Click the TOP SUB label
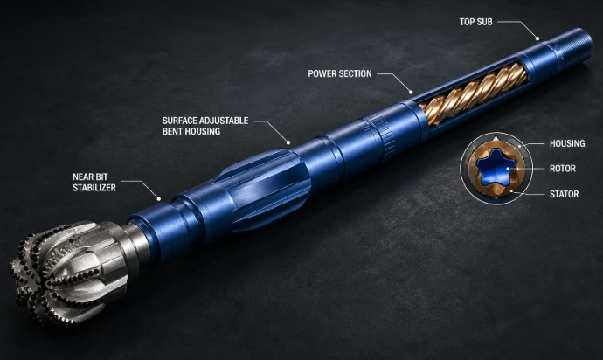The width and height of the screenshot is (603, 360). click(475, 22)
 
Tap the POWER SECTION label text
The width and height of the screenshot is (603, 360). click(340, 73)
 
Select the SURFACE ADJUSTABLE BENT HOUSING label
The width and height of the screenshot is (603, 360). click(205, 126)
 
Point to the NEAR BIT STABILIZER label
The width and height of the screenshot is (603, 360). click(94, 183)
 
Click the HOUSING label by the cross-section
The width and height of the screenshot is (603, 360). click(567, 143)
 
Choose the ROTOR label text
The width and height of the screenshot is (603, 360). click(563, 169)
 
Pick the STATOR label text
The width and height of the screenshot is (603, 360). click(565, 194)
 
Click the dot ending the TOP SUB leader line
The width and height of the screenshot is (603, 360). click(537, 38)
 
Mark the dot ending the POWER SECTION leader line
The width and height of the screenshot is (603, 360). click(411, 92)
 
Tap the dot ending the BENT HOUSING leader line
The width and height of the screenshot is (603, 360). click(288, 142)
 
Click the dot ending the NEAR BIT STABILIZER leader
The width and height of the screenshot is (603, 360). click(158, 199)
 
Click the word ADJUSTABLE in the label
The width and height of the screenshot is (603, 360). click(224, 121)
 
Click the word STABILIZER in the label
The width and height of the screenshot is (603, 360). click(94, 188)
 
